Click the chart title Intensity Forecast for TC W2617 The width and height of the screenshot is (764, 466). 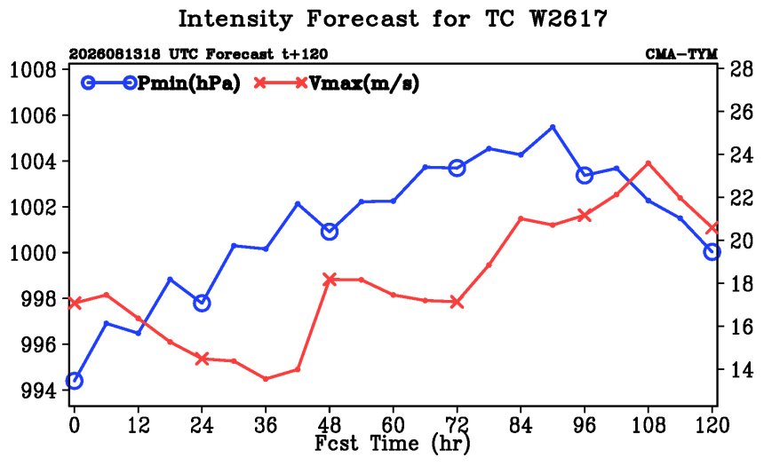[393, 20]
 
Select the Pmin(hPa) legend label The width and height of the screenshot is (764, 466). [189, 83]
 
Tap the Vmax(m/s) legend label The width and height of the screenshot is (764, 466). [364, 83]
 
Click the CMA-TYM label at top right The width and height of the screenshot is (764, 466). [681, 54]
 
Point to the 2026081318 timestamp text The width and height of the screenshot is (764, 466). [114, 54]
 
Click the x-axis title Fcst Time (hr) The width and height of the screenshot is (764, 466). [393, 444]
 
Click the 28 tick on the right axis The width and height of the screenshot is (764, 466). [742, 69]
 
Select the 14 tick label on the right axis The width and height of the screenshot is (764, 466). [742, 369]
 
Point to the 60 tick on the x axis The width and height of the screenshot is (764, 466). [393, 425]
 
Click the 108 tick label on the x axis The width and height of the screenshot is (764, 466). [648, 425]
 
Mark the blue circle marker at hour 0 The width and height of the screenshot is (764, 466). [74, 380]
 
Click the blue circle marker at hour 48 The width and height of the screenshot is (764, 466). [330, 232]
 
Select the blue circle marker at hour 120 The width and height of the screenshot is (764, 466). [712, 252]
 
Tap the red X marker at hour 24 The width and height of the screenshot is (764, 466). [202, 359]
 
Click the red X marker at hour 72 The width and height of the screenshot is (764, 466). [457, 302]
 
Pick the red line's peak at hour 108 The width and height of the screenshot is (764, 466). [648, 163]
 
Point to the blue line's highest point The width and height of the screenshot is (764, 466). [553, 127]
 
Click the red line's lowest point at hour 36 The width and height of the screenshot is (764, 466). [266, 379]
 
